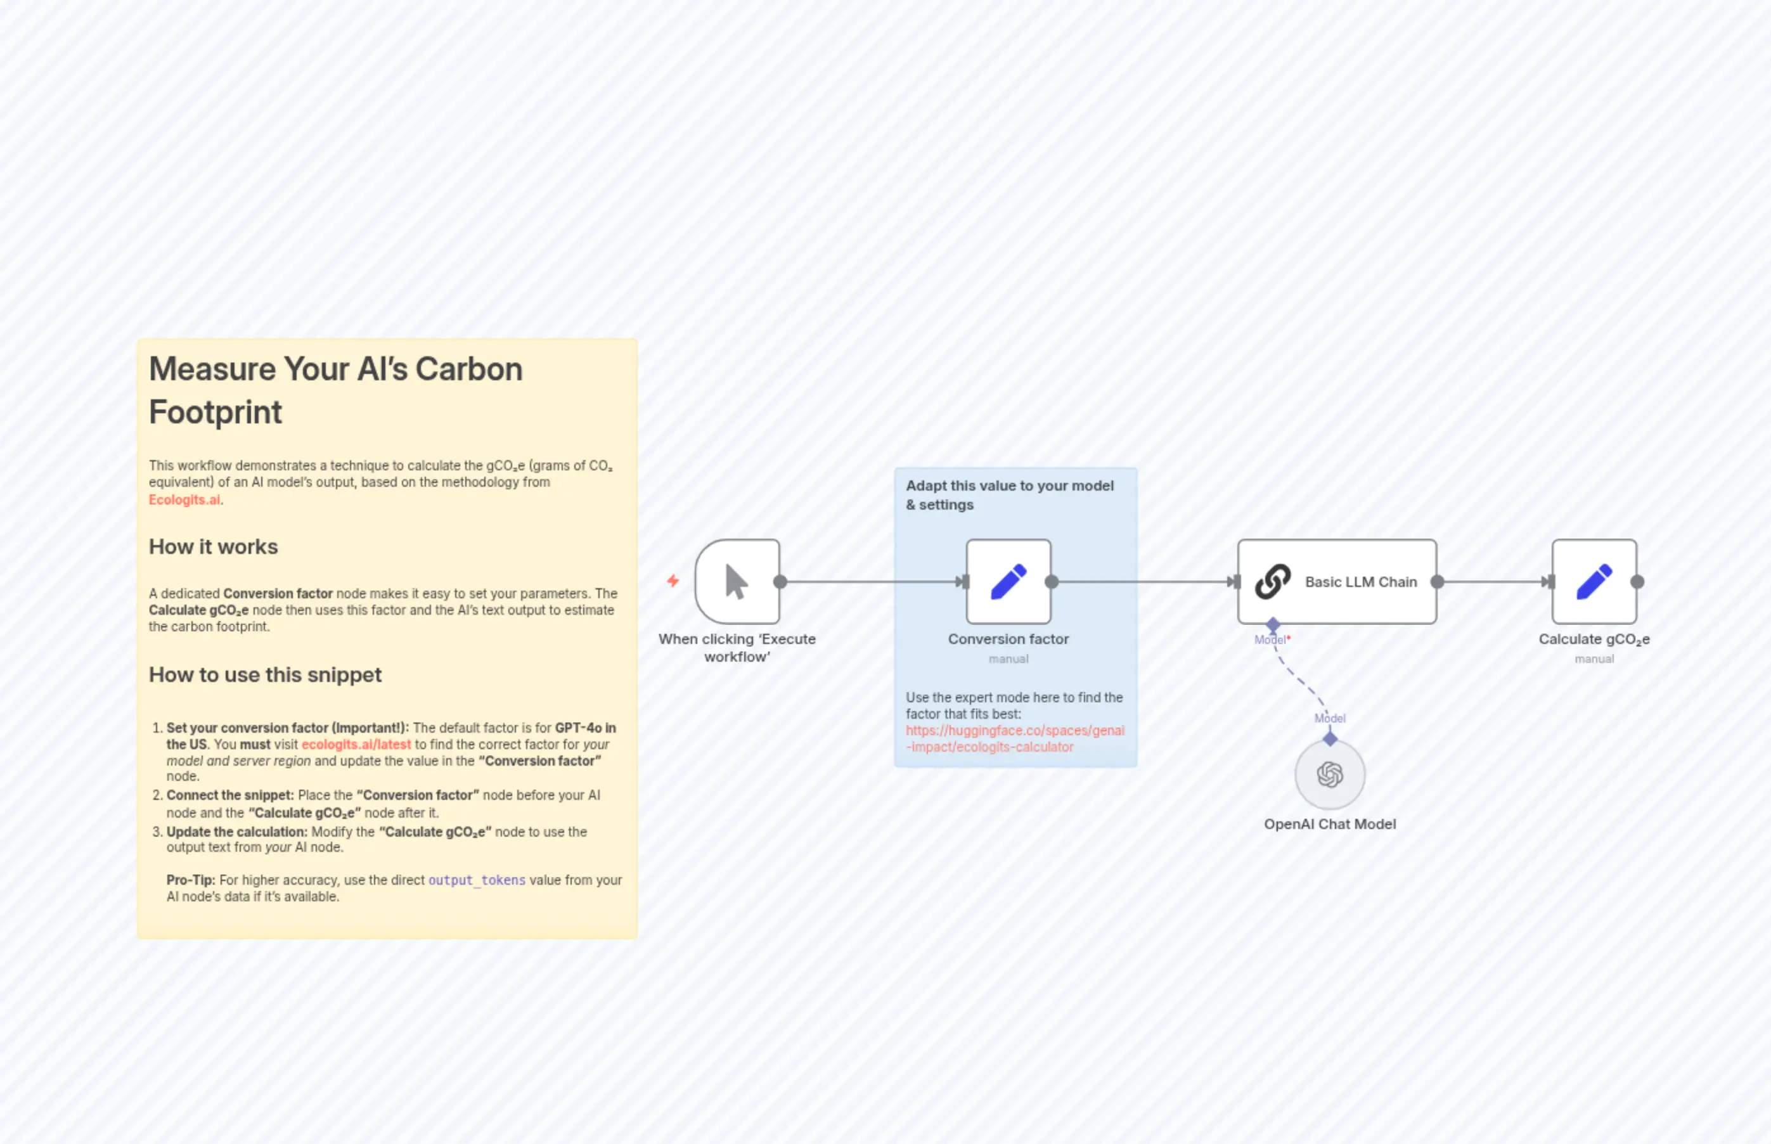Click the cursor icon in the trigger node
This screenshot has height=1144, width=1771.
pos(736,582)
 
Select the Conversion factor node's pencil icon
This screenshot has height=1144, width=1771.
pos(1008,582)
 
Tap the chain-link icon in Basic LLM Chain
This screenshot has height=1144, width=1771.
pos(1273,582)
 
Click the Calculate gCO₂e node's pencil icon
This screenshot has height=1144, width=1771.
pos(1594,582)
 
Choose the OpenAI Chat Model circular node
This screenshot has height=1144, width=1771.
pos(1330,774)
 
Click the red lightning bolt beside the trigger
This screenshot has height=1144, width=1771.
pos(673,581)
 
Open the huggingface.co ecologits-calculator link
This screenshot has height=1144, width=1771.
pos(1015,738)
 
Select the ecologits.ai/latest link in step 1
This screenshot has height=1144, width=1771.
pos(356,744)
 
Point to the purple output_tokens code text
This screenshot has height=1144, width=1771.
pos(477,880)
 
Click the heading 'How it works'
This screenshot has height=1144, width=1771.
pos(213,547)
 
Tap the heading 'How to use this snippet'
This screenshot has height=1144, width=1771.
pos(265,674)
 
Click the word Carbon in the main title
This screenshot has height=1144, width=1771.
pos(469,370)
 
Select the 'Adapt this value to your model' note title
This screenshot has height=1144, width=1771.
pos(1010,486)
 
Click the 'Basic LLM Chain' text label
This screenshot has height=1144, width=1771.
pos(1361,582)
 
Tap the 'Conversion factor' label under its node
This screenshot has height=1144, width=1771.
pos(1008,639)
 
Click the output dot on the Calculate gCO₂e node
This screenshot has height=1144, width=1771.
pos(1637,582)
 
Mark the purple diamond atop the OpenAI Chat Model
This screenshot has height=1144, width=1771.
pos(1330,738)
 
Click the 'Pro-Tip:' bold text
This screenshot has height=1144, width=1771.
pos(191,880)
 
